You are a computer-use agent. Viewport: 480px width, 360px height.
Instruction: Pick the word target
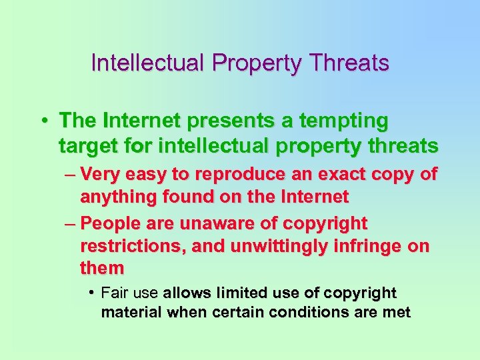click(x=84, y=145)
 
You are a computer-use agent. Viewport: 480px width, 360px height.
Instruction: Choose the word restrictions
click(x=133, y=246)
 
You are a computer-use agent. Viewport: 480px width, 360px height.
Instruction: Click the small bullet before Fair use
click(x=90, y=293)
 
